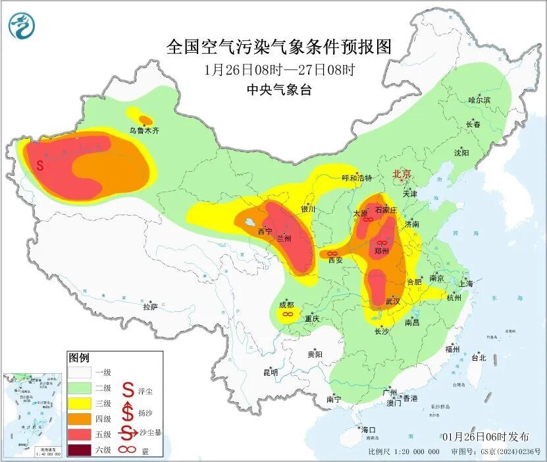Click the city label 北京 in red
402,174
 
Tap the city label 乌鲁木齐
143,131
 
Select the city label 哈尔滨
479,100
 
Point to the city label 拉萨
150,307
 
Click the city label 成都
286,305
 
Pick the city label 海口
369,430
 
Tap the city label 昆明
271,372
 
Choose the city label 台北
478,358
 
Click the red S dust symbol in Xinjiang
41,165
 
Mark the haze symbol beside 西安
333,253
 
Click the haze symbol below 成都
287,315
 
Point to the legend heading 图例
78,357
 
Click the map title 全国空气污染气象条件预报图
279,47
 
